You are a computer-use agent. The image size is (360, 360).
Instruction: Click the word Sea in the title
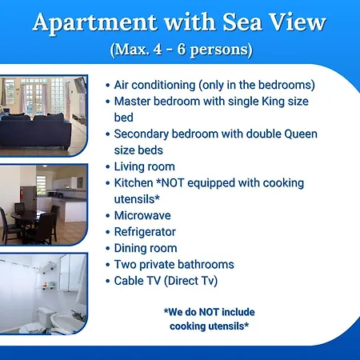point(242,22)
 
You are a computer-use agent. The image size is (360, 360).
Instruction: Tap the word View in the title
point(298,22)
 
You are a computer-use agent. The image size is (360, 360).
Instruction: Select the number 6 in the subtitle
point(182,49)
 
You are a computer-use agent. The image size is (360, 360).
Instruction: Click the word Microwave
point(142,215)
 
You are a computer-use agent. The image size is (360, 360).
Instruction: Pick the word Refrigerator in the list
point(145,232)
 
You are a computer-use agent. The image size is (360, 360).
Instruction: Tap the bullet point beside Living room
point(108,167)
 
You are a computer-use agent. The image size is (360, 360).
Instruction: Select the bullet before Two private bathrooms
point(108,265)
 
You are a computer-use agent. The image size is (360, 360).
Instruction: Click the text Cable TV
point(138,281)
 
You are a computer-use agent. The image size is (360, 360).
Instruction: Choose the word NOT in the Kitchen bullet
point(173,183)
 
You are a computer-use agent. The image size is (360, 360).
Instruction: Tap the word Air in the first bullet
point(122,85)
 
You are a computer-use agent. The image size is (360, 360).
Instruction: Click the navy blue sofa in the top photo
point(35,130)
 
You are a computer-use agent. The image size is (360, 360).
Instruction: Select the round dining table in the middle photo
point(27,216)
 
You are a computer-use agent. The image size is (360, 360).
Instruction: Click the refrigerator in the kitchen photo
point(28,198)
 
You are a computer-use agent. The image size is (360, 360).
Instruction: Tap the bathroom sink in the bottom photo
point(67,322)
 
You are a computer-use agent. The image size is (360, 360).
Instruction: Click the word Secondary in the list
point(142,134)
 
